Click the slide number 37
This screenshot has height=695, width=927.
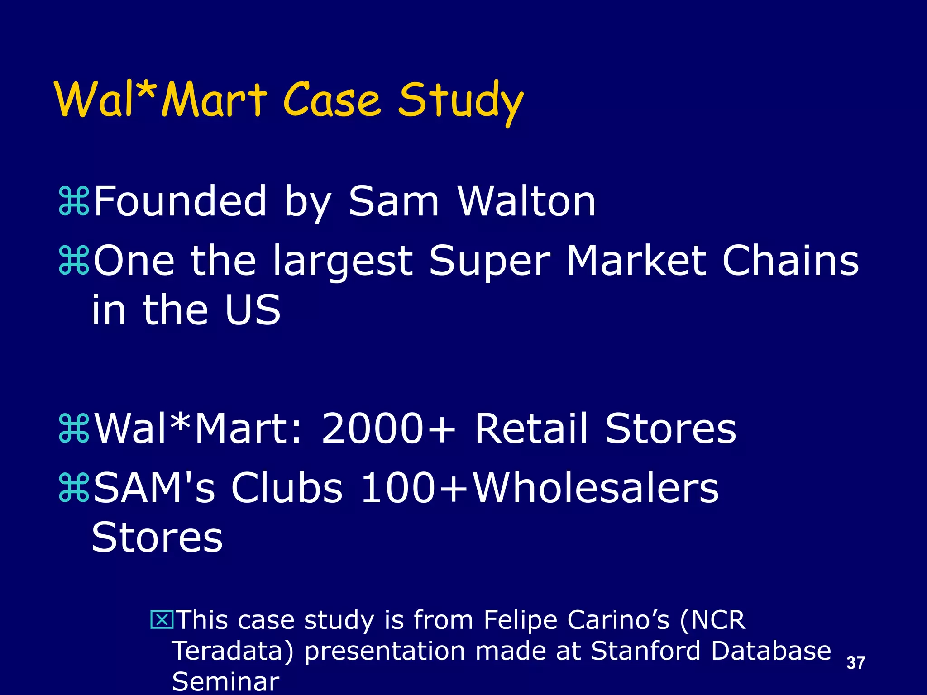[855, 663]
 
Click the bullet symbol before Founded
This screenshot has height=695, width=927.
[74, 202]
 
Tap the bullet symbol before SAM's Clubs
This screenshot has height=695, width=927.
[74, 488]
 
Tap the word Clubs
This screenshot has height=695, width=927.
[287, 488]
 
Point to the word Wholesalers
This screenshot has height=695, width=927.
[595, 488]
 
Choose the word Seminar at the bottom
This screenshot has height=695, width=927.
[225, 681]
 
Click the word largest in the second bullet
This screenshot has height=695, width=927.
[342, 262]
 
